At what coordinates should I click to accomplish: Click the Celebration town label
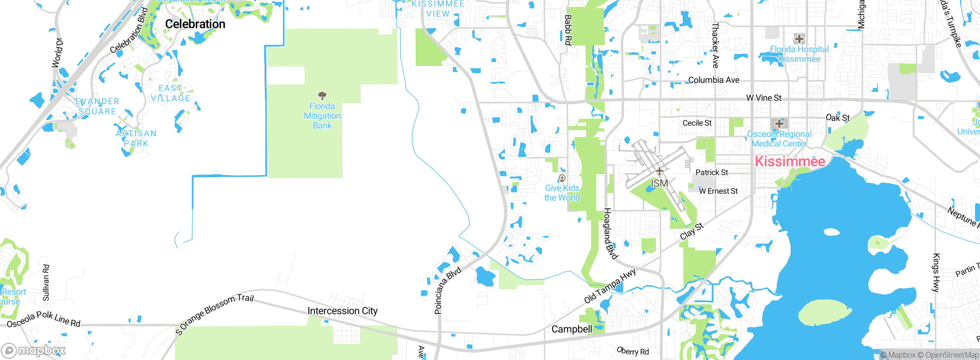point(195,24)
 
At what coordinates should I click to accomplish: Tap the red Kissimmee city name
point(790,162)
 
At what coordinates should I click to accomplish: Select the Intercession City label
point(342,311)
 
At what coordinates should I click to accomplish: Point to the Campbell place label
point(572,329)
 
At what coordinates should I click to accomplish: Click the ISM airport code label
point(659,183)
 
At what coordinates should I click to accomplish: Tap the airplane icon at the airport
point(659,171)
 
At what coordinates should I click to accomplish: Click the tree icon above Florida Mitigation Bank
point(322,95)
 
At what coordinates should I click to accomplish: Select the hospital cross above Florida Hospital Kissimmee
point(799,39)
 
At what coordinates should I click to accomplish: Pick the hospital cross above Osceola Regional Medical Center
point(779,124)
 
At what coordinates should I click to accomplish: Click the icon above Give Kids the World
point(562,178)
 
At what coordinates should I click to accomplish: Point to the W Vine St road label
point(764,98)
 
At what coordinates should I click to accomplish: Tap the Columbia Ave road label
point(714,80)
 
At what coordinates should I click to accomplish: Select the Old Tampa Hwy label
point(610,286)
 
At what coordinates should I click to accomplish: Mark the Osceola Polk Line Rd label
point(44,319)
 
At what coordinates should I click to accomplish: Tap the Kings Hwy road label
point(936,273)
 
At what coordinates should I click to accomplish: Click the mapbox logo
point(34,350)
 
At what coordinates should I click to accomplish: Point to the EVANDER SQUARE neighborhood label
point(97,106)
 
